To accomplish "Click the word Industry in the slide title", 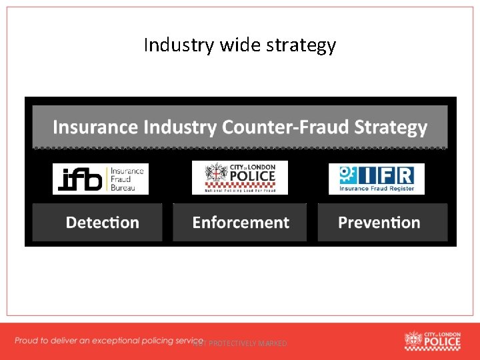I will [170, 45].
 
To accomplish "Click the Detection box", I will [102, 223].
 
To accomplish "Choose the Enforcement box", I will [240, 223].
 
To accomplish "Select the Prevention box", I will [379, 223].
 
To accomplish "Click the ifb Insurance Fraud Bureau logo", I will [101, 179].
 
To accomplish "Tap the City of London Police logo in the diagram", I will [240, 177].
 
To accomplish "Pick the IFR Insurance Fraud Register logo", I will [377, 179].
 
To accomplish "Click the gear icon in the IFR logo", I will [346, 175].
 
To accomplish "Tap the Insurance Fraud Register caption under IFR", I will [377, 189].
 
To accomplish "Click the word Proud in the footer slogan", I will [27, 341].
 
